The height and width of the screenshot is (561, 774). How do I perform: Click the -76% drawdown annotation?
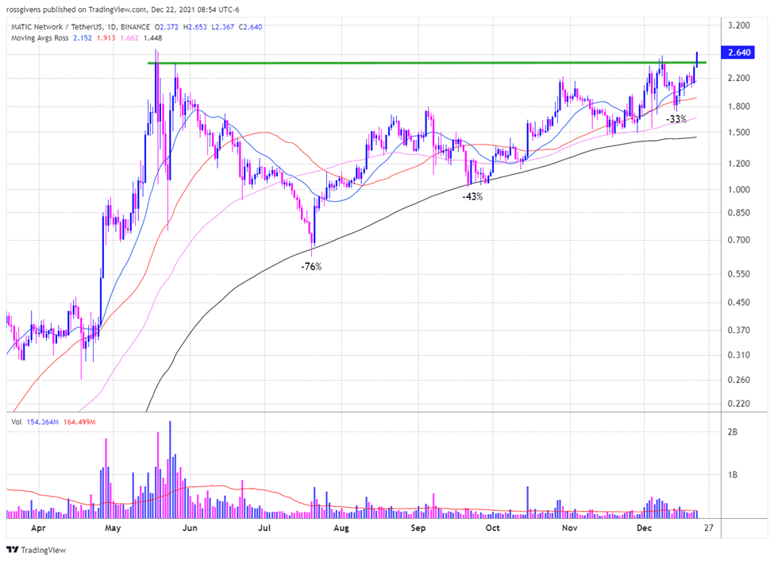311,267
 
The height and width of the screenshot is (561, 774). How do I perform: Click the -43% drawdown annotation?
472,196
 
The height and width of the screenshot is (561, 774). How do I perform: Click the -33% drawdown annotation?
676,119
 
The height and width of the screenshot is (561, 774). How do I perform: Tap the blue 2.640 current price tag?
734,53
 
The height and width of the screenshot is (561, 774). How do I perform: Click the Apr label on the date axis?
37,527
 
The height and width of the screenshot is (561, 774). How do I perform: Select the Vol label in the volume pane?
17,422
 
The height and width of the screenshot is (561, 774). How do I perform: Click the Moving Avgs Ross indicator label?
40,38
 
